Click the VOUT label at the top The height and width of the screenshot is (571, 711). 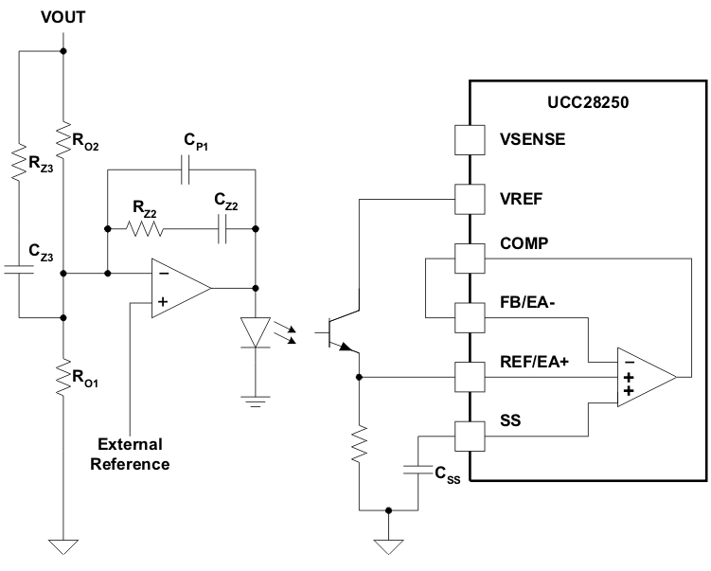[63, 18]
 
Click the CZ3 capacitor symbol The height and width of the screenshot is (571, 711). [20, 269]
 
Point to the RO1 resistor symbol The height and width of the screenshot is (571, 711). [63, 377]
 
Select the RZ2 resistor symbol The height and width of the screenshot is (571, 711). [145, 228]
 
